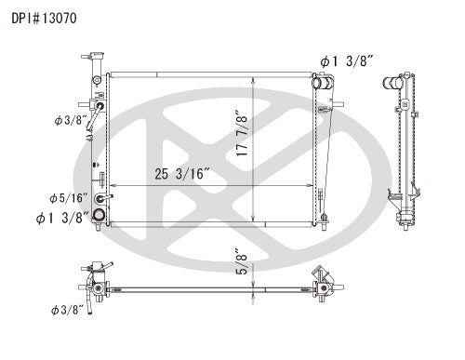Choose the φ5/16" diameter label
[x=68, y=197]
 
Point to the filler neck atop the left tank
[x=97, y=62]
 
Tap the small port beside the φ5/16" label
[x=110, y=198]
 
